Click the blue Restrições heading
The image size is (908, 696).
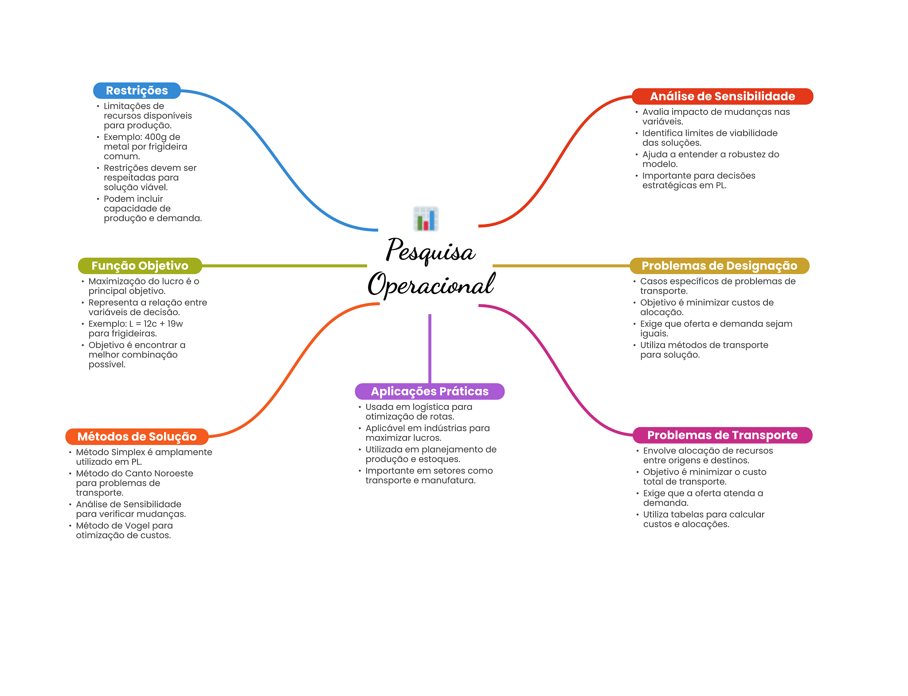pyautogui.click(x=137, y=90)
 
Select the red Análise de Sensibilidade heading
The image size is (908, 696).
pyautogui.click(x=722, y=96)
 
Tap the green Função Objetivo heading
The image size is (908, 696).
pyautogui.click(x=140, y=266)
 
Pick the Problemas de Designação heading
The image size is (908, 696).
pyautogui.click(x=719, y=266)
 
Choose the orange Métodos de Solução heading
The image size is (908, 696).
pyautogui.click(x=137, y=436)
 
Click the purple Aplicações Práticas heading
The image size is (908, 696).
pyautogui.click(x=430, y=391)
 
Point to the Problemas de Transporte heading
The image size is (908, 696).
pyautogui.click(x=722, y=435)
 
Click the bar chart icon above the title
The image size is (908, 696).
pyautogui.click(x=426, y=219)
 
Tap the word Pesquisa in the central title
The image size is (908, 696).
pyautogui.click(x=431, y=251)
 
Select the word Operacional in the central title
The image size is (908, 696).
pyautogui.click(x=431, y=284)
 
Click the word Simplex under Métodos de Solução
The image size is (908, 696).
pyautogui.click(x=128, y=452)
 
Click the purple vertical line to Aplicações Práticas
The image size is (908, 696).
pyautogui.click(x=430, y=349)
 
